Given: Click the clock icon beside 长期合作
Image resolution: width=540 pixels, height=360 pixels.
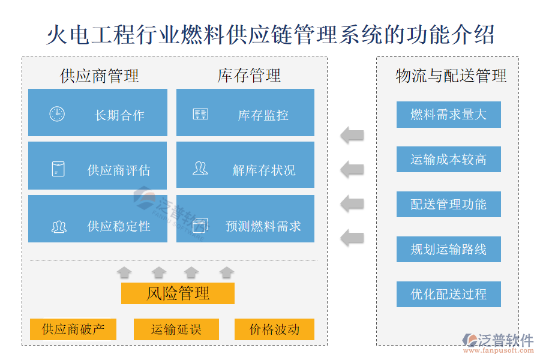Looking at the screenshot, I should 57,114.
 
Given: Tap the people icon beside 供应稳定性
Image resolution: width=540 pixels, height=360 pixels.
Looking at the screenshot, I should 58,227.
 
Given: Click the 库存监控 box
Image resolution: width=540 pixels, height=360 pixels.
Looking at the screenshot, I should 245,113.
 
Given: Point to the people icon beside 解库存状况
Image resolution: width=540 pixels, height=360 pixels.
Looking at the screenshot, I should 200,169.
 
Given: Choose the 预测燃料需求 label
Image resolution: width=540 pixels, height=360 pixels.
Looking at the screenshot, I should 263,226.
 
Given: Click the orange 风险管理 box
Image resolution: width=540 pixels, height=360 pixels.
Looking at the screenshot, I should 178,293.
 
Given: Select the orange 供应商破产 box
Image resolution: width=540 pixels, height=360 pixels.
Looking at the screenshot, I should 73,329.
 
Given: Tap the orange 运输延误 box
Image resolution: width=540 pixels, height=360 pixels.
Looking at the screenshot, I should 176,329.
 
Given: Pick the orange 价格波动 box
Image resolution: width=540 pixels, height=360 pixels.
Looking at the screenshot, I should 274,329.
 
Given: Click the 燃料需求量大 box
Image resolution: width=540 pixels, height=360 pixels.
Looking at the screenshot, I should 448,115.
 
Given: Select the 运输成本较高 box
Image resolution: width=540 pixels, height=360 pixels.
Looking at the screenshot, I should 448,160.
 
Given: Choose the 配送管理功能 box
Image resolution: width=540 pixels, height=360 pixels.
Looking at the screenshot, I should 448,205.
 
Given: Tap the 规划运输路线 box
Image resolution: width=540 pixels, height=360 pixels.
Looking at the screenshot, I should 448,249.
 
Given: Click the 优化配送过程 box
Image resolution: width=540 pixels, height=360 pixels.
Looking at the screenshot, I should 448,295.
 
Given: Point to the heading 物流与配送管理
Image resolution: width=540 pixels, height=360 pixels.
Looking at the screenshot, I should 451,76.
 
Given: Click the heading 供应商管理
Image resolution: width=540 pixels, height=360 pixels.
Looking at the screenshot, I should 100,76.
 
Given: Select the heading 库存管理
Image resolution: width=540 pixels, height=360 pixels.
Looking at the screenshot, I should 249,76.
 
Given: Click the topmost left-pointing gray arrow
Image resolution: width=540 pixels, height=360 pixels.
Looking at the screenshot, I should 352,134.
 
